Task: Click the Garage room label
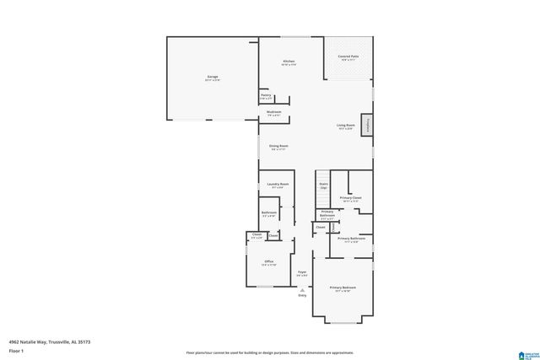click(x=213, y=77)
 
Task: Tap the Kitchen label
click(x=289, y=62)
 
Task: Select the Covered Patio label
click(x=348, y=56)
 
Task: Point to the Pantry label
click(x=266, y=95)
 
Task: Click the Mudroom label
click(x=273, y=111)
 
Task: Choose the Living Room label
click(x=346, y=125)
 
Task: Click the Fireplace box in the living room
click(x=367, y=124)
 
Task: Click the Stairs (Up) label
click(x=323, y=185)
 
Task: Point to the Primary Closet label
click(x=351, y=198)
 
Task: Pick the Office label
click(x=269, y=261)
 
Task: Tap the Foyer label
click(x=302, y=271)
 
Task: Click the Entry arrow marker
click(x=302, y=289)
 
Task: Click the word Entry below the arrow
click(x=302, y=295)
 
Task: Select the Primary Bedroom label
click(x=343, y=287)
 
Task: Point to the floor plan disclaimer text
click(x=270, y=352)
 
